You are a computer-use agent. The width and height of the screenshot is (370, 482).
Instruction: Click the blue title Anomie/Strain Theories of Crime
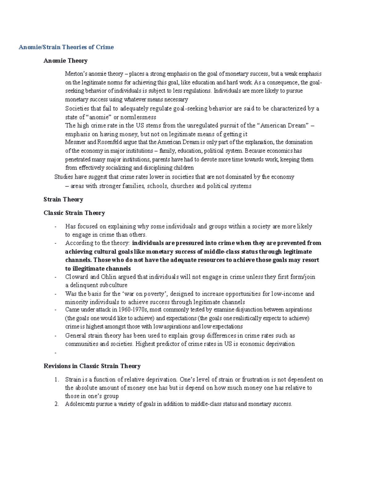pos(66,47)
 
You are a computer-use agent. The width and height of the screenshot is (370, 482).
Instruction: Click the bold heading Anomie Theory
pos(65,61)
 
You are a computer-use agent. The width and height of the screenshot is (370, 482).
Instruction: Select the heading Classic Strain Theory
pos(74,213)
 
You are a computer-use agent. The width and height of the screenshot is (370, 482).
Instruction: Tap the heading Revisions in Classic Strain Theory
pos(92,366)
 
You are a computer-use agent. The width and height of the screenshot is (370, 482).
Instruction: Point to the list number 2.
pos(56,404)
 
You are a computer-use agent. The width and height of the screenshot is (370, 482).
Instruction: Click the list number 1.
pos(56,380)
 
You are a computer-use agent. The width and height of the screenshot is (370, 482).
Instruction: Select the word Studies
pos(64,177)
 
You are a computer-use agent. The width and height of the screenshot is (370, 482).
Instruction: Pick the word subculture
pos(112,285)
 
